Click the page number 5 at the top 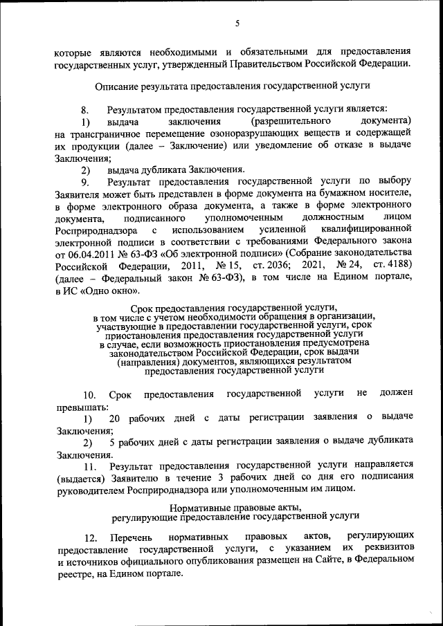(x=237, y=23)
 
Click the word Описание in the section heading (x=116, y=86)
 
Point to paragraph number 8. (x=85, y=109)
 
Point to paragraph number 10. (x=89, y=395)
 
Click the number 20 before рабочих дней (x=115, y=418)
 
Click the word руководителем (x=90, y=488)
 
